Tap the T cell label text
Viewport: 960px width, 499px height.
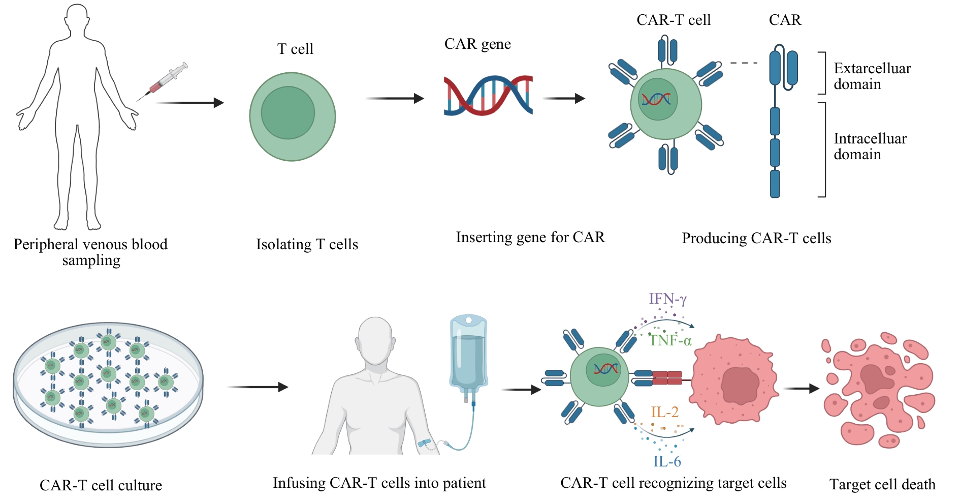click(x=295, y=49)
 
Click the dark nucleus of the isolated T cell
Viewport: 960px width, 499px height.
click(x=287, y=113)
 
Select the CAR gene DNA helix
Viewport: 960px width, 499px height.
click(x=488, y=95)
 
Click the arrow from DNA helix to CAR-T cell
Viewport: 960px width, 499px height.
click(x=564, y=98)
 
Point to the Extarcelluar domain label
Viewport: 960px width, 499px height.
click(x=872, y=76)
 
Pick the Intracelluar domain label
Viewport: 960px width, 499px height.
click(x=870, y=146)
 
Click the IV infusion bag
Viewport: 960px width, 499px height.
click(x=468, y=356)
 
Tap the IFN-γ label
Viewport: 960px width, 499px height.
click(x=667, y=299)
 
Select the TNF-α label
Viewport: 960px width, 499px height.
click(x=670, y=340)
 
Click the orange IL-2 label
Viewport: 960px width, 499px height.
click(x=664, y=412)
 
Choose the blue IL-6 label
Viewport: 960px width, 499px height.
click(x=667, y=461)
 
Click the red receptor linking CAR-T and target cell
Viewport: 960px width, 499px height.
click(x=667, y=378)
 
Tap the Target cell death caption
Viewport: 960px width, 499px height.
click(x=882, y=484)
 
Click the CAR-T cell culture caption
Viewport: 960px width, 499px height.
click(x=101, y=485)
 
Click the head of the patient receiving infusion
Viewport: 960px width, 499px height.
click(x=375, y=339)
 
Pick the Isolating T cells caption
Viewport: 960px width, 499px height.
click(x=307, y=244)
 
